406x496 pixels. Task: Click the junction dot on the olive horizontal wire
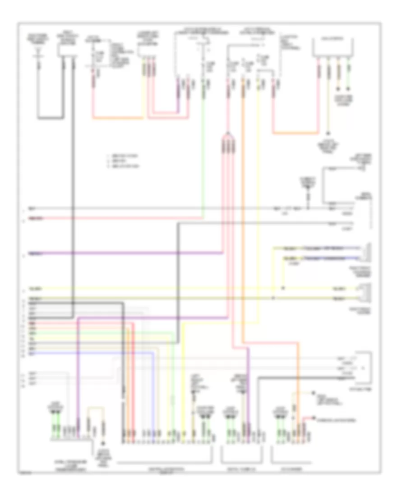point(273,298)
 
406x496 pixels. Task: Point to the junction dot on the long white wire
point(308,209)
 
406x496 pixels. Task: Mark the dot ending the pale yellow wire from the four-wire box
point(328,133)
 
